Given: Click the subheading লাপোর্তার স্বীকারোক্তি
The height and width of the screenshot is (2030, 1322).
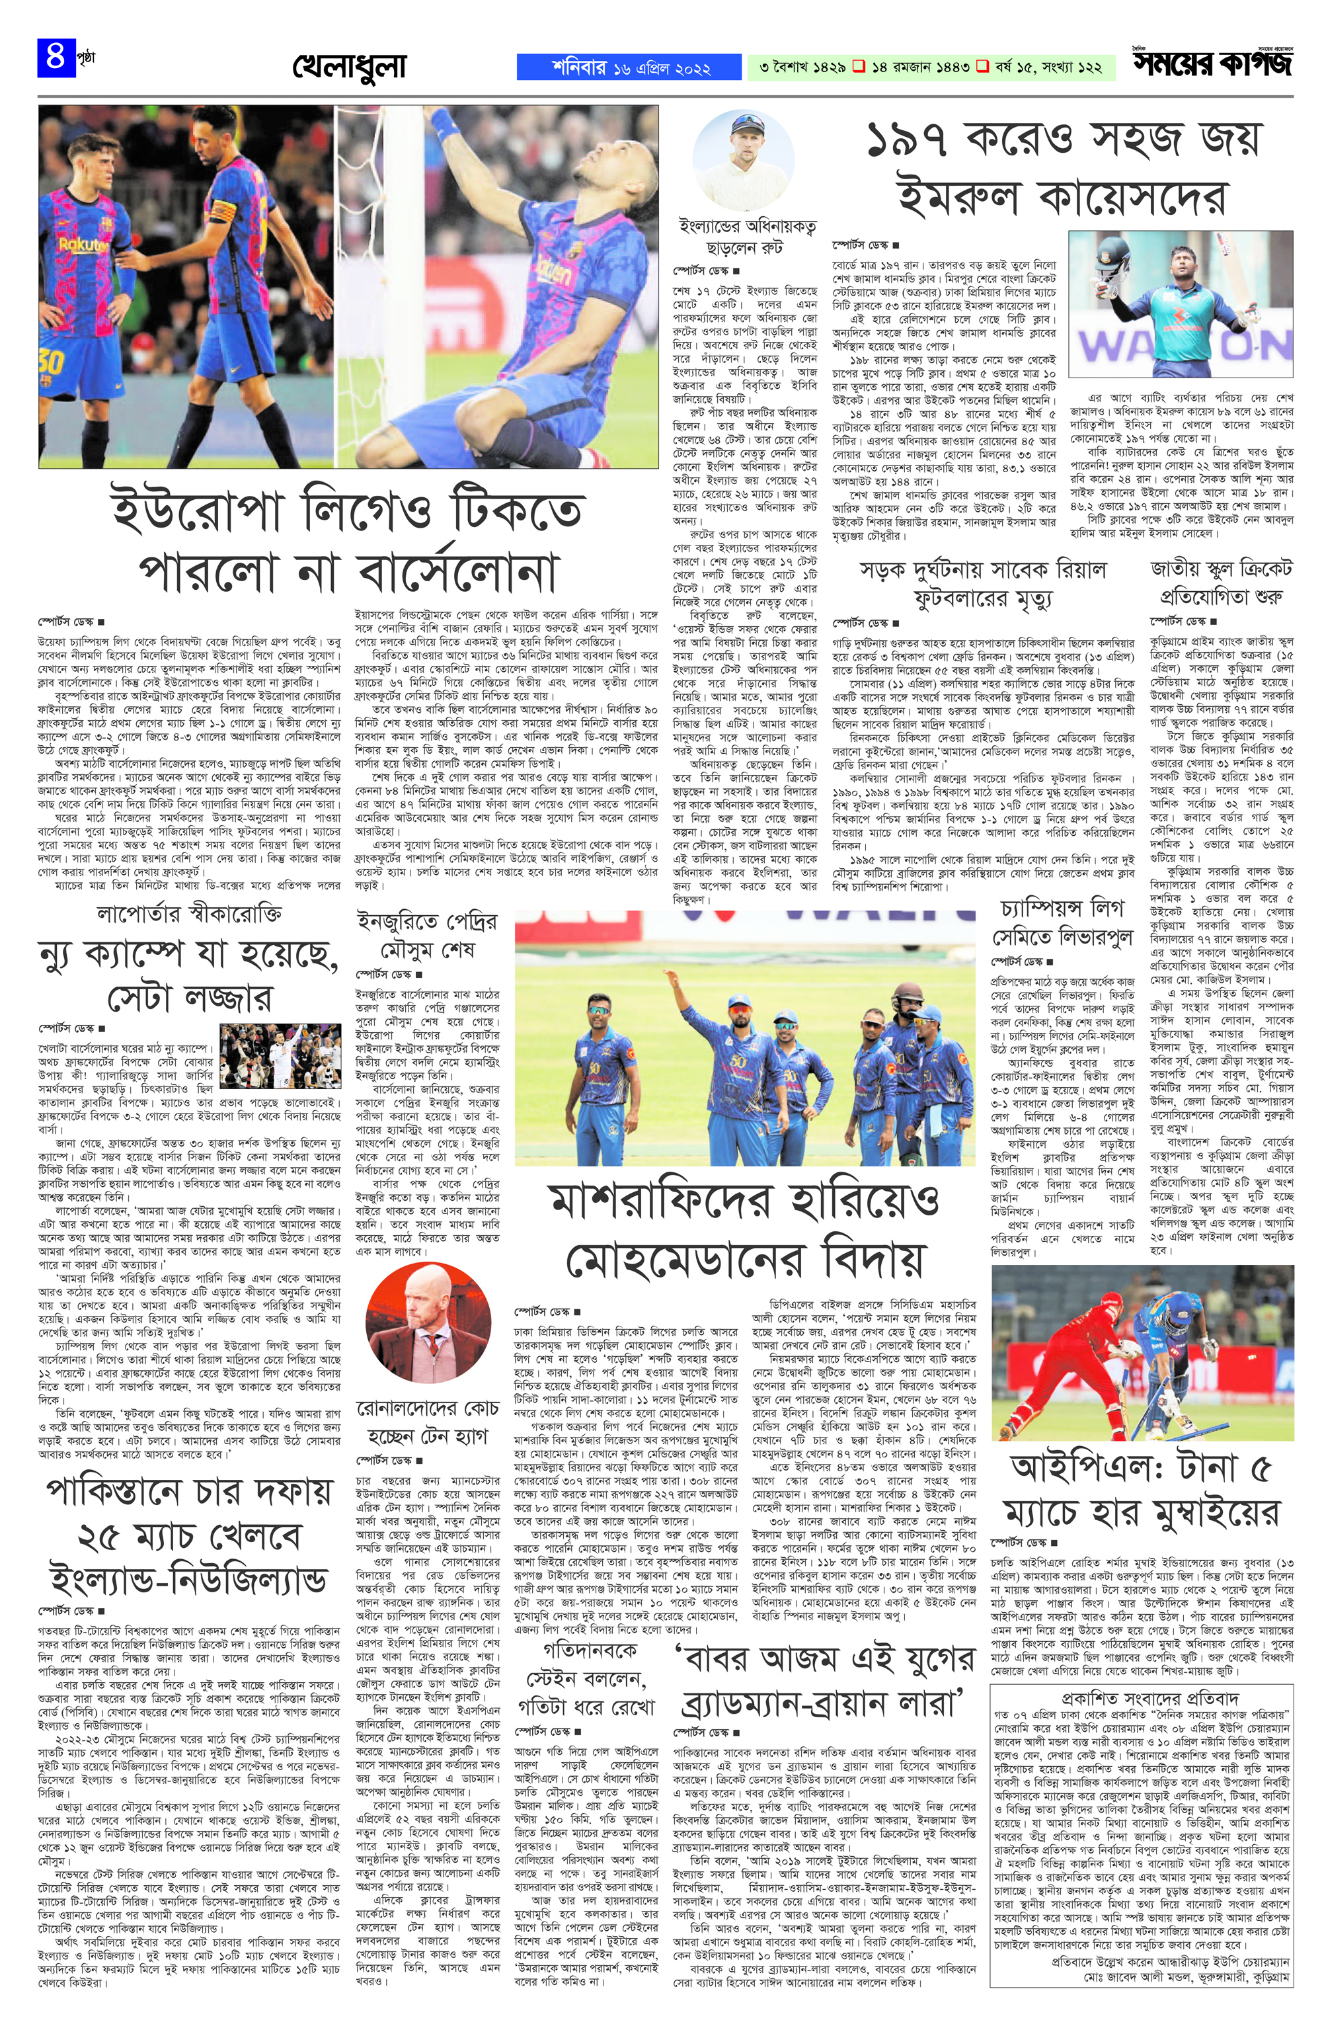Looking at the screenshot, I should click(188, 914).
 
